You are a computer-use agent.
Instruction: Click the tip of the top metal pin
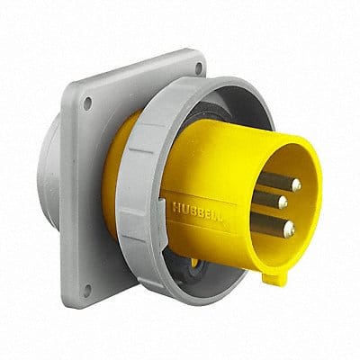(x=295, y=184)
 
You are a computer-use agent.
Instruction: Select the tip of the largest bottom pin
(x=288, y=229)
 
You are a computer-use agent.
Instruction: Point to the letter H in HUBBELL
(x=175, y=205)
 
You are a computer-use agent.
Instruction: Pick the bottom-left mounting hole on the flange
(x=87, y=289)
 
